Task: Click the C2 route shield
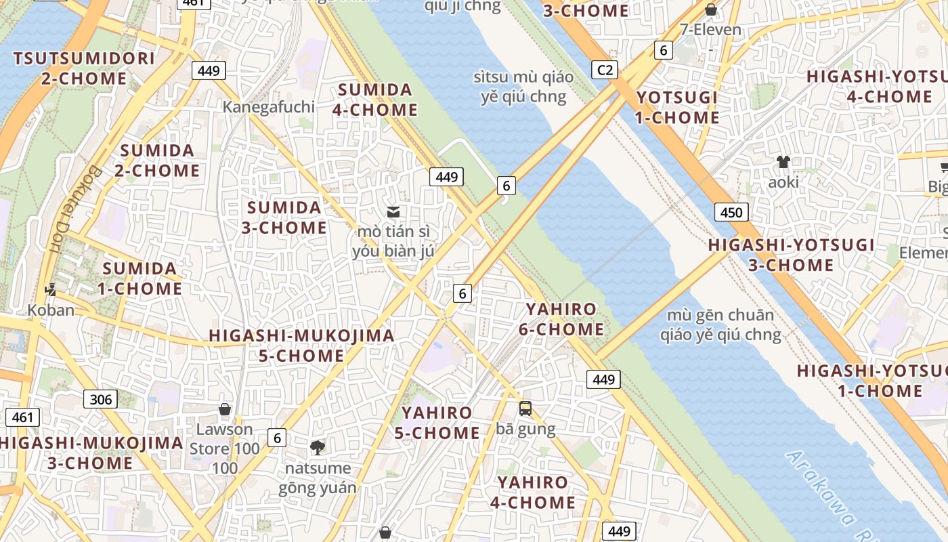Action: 605,70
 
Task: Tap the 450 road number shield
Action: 731,212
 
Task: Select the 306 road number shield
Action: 100,399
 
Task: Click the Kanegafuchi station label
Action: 269,107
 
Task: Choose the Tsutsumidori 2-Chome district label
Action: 84,68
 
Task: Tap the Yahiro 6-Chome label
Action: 561,319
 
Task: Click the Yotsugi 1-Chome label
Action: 677,108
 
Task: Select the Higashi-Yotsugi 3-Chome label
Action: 791,255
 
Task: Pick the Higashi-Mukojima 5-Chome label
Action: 301,346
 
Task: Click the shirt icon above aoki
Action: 783,162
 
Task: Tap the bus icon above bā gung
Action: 525,409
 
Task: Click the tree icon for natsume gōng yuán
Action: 317,447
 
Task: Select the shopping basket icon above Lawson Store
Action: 225,409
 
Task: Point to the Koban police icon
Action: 50,291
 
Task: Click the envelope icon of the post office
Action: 393,212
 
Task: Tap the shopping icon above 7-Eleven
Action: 711,9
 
